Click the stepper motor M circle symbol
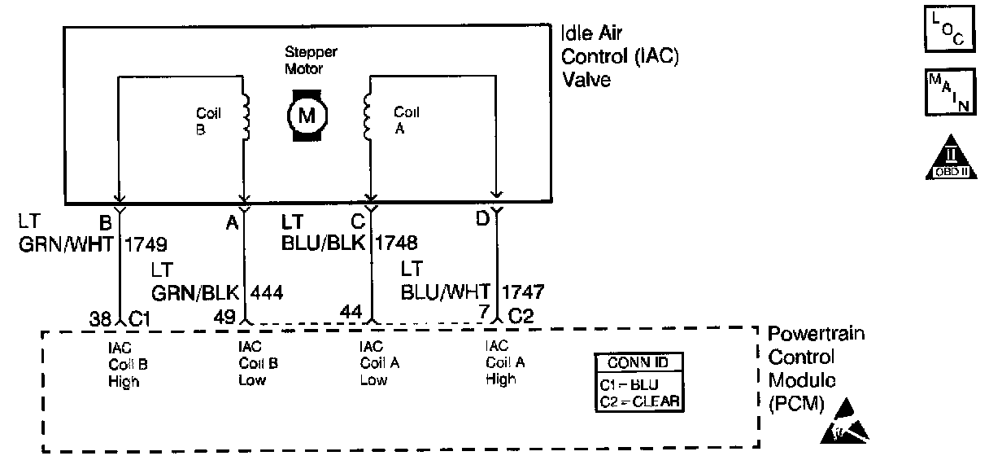tap(307, 115)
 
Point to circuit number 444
tap(268, 291)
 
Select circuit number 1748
tap(397, 243)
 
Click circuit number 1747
tap(525, 291)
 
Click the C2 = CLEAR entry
tap(638, 401)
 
